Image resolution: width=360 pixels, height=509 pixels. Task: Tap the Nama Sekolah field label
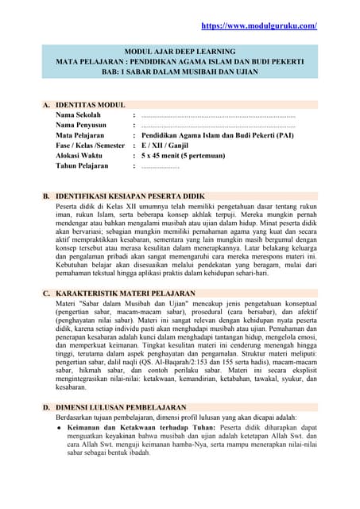(79, 115)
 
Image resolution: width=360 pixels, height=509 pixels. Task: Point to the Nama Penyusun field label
(81, 126)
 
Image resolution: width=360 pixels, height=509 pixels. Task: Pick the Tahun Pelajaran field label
(83, 167)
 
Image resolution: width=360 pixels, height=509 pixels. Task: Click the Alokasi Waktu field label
(80, 157)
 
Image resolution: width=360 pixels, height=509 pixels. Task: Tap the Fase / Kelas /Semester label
(91, 146)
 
